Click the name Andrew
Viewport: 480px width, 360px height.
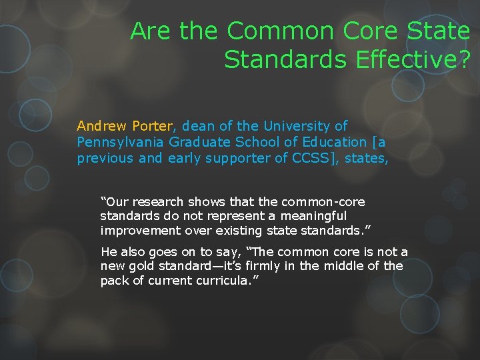tap(102, 125)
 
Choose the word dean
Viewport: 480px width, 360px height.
tap(197, 125)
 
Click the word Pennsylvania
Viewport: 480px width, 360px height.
tap(121, 142)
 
